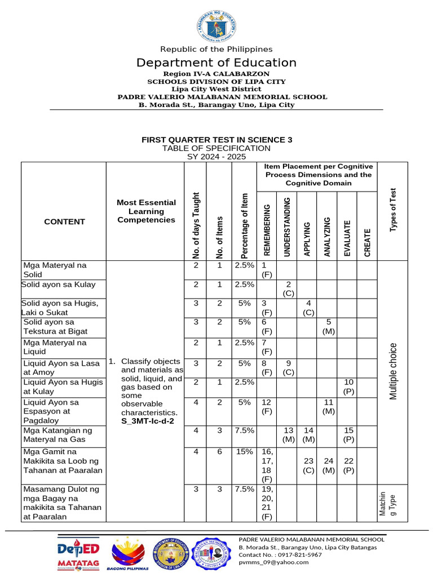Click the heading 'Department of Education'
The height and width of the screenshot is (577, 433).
(x=216, y=63)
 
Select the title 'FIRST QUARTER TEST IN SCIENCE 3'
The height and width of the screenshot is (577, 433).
(x=216, y=139)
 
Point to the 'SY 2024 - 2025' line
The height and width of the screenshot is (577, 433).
(x=216, y=157)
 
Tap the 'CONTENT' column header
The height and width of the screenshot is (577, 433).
(x=64, y=221)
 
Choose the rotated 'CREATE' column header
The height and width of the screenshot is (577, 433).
(x=367, y=242)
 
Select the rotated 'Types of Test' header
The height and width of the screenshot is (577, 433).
(x=393, y=210)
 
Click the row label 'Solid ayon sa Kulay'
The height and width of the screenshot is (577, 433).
(x=59, y=285)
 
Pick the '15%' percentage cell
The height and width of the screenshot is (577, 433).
(x=244, y=451)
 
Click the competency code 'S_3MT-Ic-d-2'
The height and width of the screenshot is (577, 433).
(x=148, y=421)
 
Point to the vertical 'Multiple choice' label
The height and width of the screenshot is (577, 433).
(x=393, y=371)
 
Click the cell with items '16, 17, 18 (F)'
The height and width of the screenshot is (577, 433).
(x=267, y=465)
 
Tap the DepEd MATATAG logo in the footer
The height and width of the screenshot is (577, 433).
(x=78, y=553)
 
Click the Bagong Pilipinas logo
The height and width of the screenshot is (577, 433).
(x=127, y=554)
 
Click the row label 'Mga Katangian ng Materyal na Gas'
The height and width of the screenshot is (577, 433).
(x=56, y=435)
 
